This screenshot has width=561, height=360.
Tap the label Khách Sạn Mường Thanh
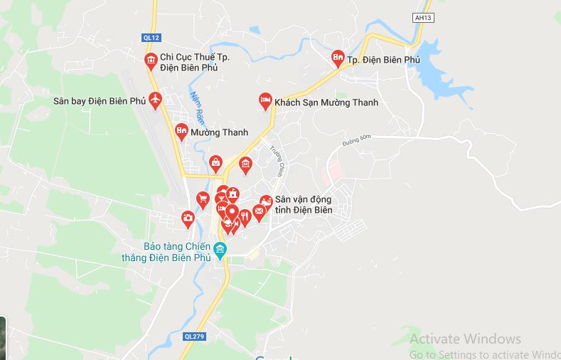tap(326, 103)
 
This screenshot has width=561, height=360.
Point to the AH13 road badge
tap(422, 17)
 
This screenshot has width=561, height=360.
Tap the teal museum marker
tap(220, 249)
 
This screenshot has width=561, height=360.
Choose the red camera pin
tap(188, 218)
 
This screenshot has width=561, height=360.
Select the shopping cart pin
tap(203, 198)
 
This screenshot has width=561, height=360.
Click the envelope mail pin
tap(259, 210)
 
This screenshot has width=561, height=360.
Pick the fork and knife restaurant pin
tap(245, 215)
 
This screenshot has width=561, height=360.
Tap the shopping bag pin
tap(215, 162)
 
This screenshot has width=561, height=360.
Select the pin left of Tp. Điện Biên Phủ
tap(338, 58)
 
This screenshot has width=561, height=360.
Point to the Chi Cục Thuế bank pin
tap(150, 60)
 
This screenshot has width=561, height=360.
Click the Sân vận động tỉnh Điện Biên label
tap(303, 205)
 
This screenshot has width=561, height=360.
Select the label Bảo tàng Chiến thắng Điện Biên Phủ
tap(177, 251)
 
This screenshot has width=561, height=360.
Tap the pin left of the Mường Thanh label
tap(181, 131)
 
